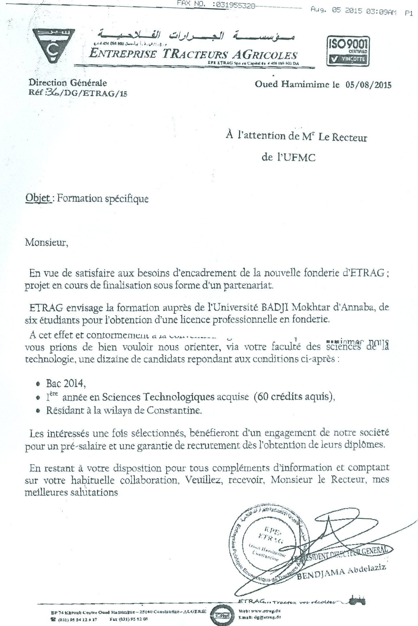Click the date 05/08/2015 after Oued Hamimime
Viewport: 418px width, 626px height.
pyautogui.click(x=368, y=85)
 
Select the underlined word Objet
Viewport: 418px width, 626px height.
pyautogui.click(x=38, y=198)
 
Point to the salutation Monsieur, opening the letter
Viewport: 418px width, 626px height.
pyautogui.click(x=47, y=243)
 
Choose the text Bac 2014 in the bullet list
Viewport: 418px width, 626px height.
pyautogui.click(x=66, y=383)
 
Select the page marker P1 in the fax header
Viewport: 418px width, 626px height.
pyautogui.click(x=409, y=13)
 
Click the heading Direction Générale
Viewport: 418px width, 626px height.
pyautogui.click(x=68, y=83)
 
